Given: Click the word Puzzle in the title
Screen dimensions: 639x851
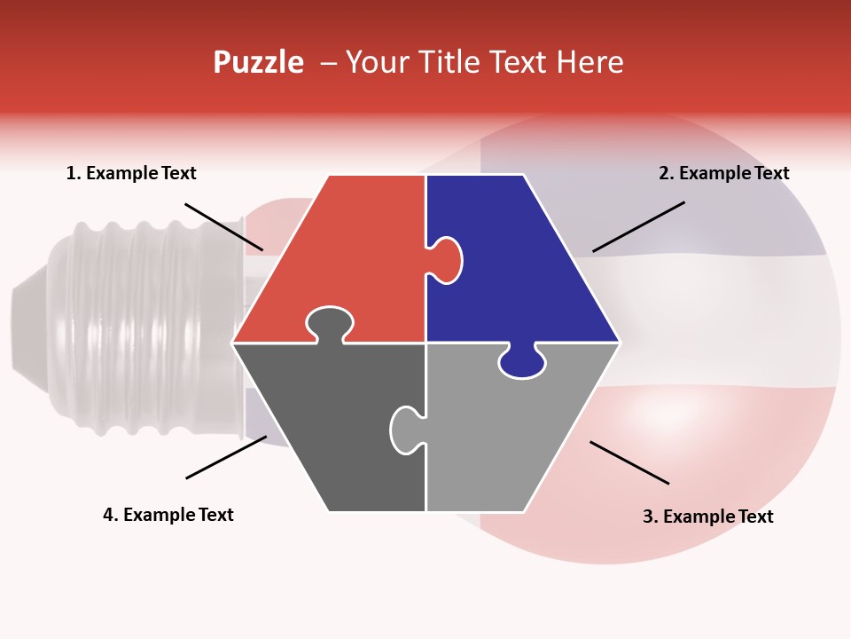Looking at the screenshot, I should click(258, 62).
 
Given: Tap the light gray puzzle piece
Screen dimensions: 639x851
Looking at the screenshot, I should click(505, 435).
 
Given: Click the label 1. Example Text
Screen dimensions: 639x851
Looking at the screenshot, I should click(131, 173).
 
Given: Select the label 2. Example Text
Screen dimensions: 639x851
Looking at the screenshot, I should click(723, 173).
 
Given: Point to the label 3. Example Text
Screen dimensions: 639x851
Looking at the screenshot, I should click(707, 517).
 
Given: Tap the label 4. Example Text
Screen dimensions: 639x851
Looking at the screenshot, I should click(168, 515).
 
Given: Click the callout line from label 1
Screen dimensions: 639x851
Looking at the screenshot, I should click(223, 226).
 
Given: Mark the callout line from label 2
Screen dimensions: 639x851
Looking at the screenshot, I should click(638, 226).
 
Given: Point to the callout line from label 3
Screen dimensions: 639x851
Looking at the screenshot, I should click(629, 462).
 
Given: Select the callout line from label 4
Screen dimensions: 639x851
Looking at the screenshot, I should click(226, 457).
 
